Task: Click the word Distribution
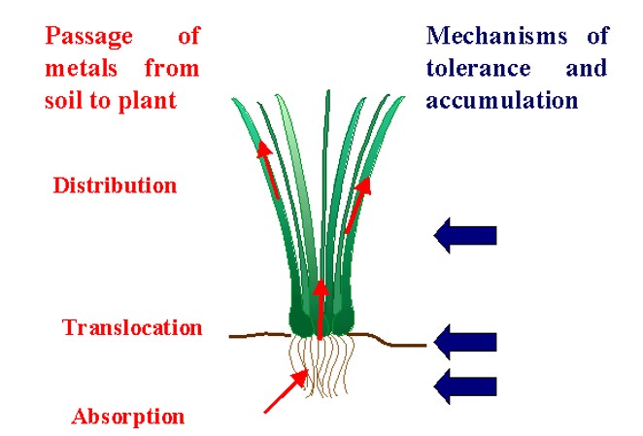[115, 185]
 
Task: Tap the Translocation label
[132, 327]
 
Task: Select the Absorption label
[128, 417]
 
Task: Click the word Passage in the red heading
[89, 37]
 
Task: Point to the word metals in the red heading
[81, 69]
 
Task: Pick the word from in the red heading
[172, 69]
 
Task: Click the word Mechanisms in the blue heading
[496, 36]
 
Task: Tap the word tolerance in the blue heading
[478, 68]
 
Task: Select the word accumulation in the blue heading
[502, 100]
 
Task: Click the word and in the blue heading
[587, 68]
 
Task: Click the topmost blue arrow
[465, 235]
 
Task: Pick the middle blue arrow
[465, 342]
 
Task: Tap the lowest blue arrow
[465, 386]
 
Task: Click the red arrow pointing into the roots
[287, 391]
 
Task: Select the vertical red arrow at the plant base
[321, 310]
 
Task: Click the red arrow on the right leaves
[358, 205]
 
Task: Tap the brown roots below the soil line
[321, 366]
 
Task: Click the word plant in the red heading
[147, 101]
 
